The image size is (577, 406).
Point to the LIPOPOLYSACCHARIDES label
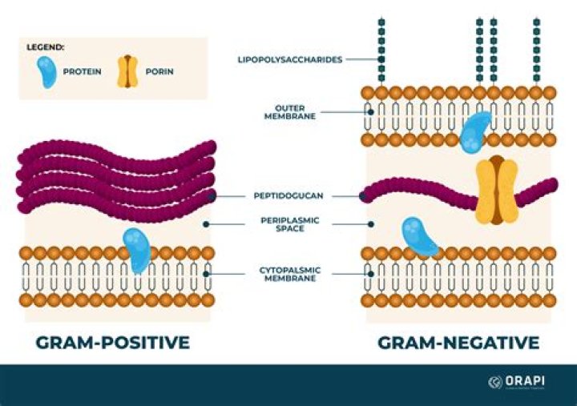(290, 59)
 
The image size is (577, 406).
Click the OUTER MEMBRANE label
(290, 111)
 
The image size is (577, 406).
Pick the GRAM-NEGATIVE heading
(458, 343)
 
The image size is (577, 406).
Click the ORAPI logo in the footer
(520, 382)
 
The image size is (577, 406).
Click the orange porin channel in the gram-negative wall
(495, 190)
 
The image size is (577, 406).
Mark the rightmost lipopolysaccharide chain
(536, 48)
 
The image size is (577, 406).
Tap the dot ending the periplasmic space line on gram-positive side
(207, 223)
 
